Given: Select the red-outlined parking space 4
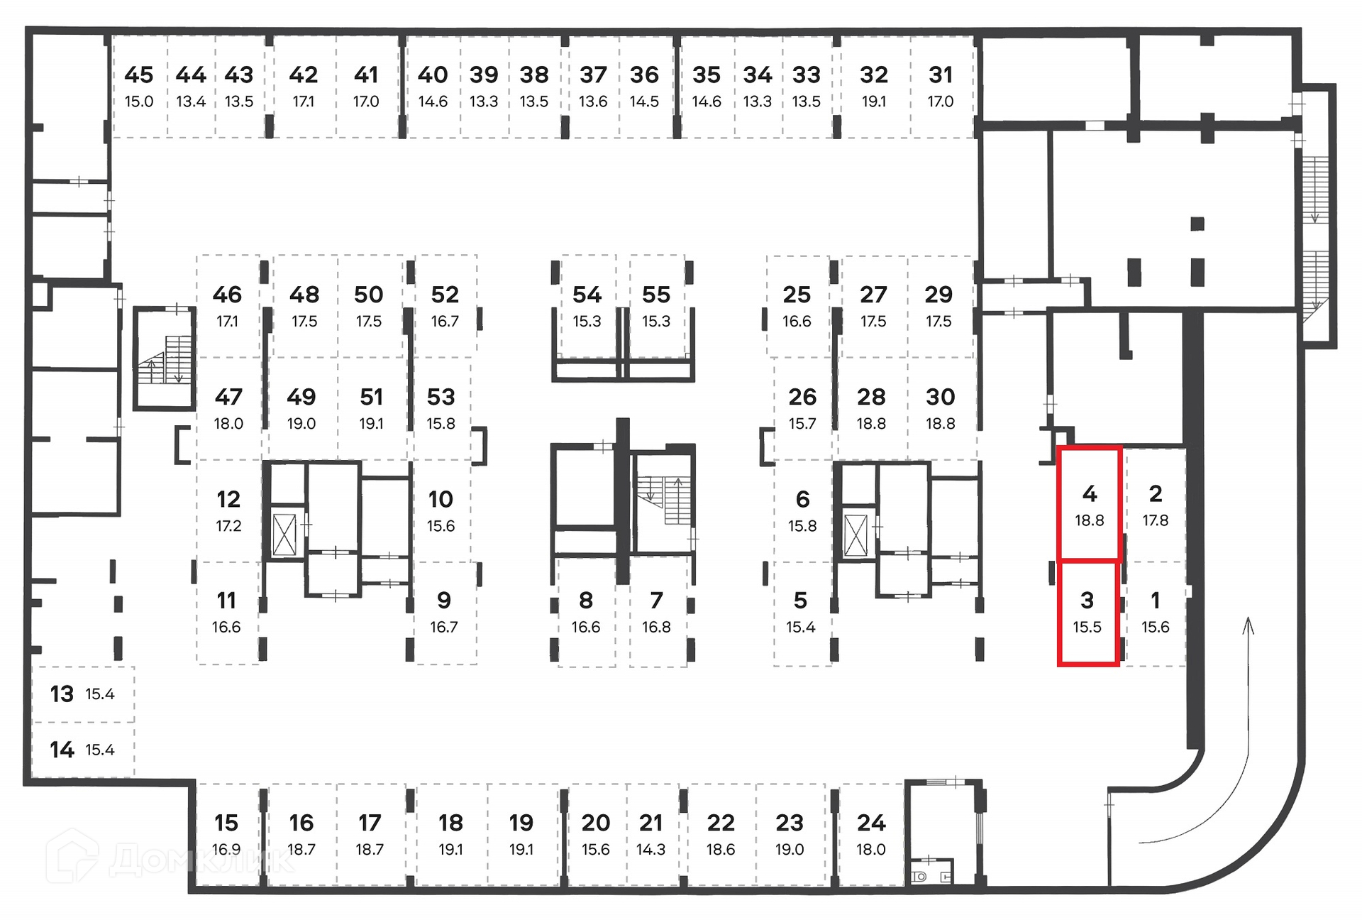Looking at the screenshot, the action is coord(1089,504).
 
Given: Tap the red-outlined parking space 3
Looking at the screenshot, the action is coord(1087,613).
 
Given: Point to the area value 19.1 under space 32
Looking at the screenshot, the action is coord(873,102).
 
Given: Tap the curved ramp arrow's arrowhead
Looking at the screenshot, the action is coord(1248,625).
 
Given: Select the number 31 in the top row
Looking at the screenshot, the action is coord(940,75).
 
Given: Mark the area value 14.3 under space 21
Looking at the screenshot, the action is coord(650,850).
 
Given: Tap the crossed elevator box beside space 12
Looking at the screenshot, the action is coord(284,535).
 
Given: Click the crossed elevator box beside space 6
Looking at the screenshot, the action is coord(856,535).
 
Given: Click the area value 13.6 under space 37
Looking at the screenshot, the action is coord(592,102).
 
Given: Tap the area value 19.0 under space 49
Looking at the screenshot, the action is coord(301,424).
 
